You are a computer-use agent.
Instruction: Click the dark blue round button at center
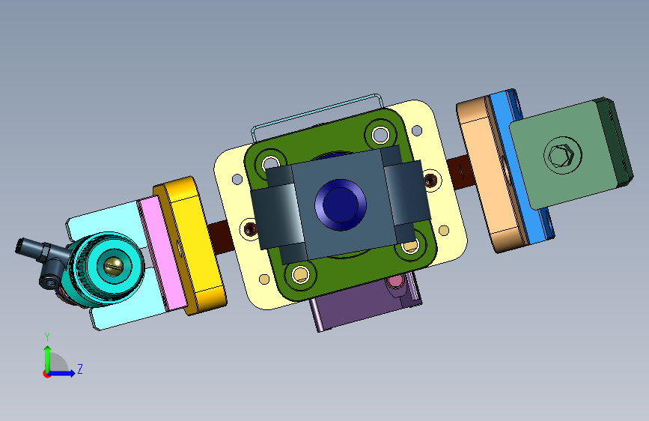pyautogui.click(x=341, y=205)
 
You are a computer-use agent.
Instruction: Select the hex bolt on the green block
pyautogui.click(x=561, y=156)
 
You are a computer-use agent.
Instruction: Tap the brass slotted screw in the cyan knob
pyautogui.click(x=114, y=266)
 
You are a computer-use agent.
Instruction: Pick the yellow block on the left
pyautogui.click(x=190, y=245)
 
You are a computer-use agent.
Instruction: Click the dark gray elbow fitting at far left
pyautogui.click(x=41, y=259)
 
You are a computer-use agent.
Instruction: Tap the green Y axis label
pyautogui.click(x=47, y=337)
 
